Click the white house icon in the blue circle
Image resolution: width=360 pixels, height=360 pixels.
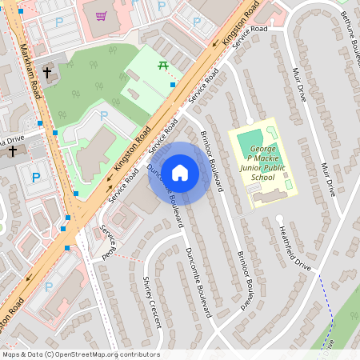180,172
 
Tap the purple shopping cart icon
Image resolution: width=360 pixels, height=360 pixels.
101,15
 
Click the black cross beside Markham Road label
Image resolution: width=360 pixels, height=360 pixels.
46,73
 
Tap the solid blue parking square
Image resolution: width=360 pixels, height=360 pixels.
35,178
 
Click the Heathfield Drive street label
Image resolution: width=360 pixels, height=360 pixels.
294,243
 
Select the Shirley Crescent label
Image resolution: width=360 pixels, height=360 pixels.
152,302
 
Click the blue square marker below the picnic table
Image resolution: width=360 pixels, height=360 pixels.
173,85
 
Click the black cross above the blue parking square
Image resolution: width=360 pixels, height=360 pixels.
12,150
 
